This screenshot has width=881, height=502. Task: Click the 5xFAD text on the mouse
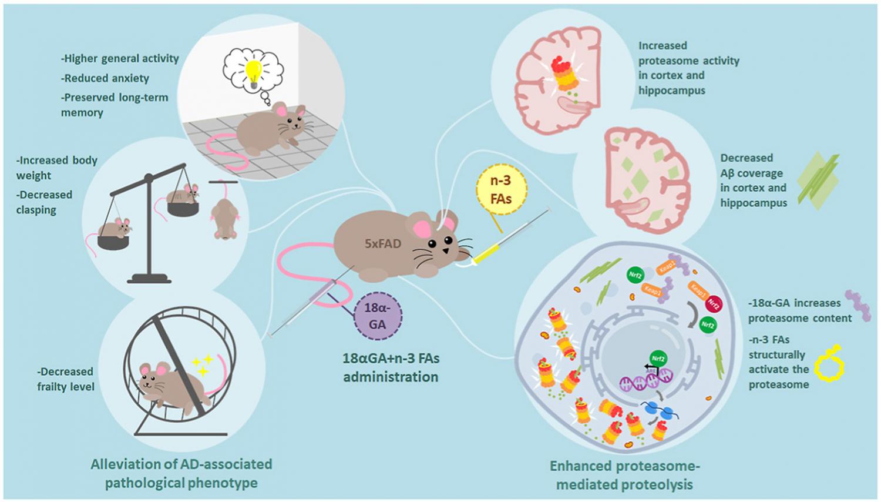[x=382, y=242]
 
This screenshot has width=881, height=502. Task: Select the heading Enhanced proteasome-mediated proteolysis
[x=624, y=475]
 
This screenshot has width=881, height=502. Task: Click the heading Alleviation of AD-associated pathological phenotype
[x=181, y=473]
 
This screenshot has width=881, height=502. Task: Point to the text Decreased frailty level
[x=65, y=379]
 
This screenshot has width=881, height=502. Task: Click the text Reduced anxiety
[x=106, y=78]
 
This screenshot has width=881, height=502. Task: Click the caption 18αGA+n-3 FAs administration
[x=391, y=367]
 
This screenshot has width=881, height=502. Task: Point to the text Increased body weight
[x=57, y=168]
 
